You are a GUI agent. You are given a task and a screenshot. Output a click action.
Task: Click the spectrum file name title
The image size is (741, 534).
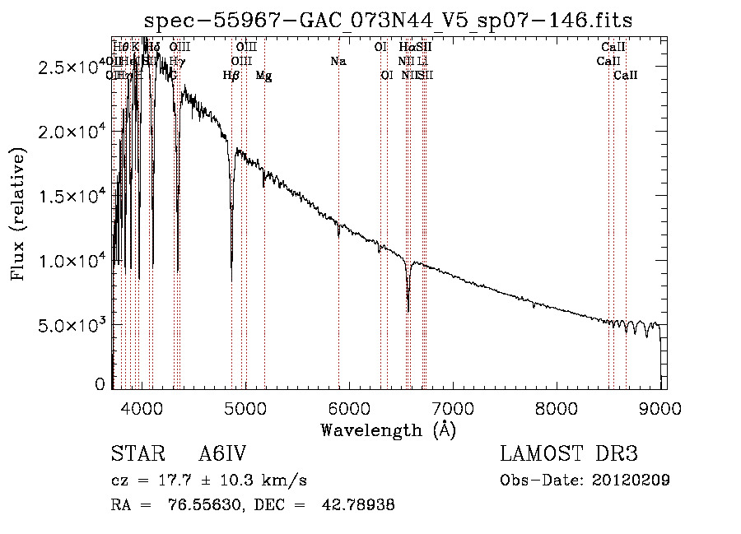coord(388,21)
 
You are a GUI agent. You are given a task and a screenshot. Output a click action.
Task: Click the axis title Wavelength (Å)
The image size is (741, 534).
coord(388,430)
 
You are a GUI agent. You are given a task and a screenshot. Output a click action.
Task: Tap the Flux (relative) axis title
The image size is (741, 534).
coord(18,214)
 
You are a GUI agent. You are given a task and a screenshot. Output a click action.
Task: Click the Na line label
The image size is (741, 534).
coord(338,62)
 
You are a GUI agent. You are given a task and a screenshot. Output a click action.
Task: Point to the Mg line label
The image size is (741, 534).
coord(263,76)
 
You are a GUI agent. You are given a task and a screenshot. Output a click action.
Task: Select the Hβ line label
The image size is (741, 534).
coord(231,76)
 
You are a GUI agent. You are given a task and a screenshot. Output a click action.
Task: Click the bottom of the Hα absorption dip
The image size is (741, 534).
coord(408,311)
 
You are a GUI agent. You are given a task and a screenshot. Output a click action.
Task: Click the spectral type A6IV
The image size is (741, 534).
coord(221,454)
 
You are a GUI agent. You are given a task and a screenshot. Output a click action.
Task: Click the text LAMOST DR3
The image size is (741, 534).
coord(568,454)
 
